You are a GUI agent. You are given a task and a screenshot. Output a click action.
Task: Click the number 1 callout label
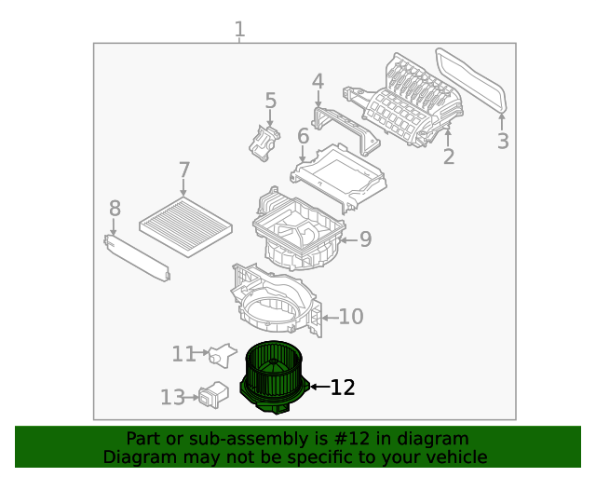pyautogui.click(x=239, y=30)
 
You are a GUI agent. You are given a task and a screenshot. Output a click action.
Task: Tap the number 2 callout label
pyautogui.click(x=449, y=157)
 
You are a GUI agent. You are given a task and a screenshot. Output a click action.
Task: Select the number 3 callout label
pyautogui.click(x=503, y=142)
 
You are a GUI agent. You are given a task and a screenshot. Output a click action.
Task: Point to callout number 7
pyautogui.click(x=184, y=170)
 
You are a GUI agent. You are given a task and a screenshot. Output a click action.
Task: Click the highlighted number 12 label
pyautogui.click(x=343, y=387)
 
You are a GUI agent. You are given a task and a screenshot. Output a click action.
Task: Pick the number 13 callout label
pyautogui.click(x=172, y=398)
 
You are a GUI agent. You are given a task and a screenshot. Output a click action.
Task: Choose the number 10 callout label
pyautogui.click(x=350, y=317)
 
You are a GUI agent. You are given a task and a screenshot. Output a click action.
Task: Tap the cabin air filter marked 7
pyautogui.click(x=184, y=224)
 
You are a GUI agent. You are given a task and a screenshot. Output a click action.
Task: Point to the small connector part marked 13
pyautogui.click(x=212, y=393)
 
